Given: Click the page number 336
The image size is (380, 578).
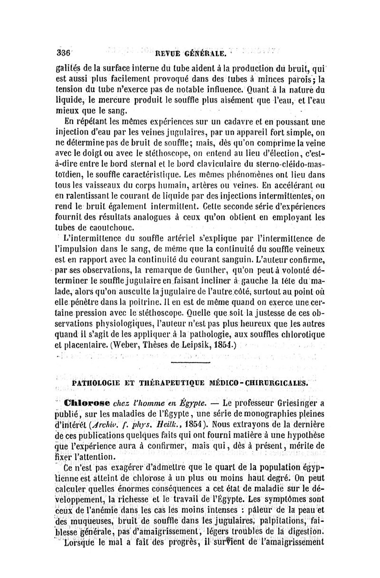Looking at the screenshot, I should [x=63, y=52].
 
